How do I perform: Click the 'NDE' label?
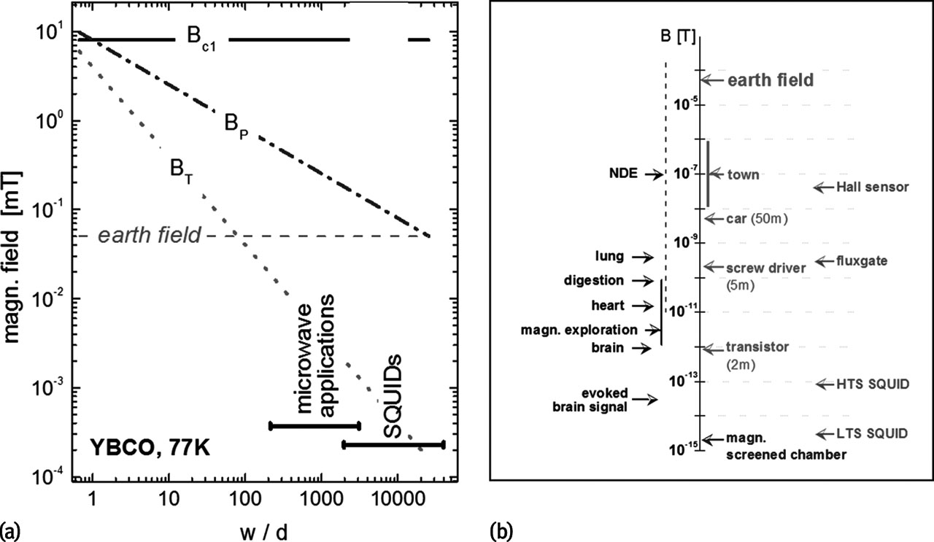coord(624,174)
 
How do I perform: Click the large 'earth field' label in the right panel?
coord(771,80)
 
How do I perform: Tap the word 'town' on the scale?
coord(743,174)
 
